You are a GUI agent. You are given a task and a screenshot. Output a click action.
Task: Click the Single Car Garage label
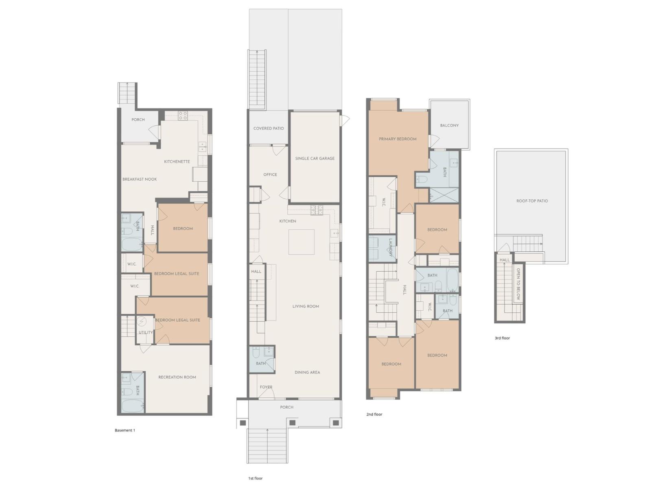click(315, 158)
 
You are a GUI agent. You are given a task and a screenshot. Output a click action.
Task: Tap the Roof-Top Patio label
click(532, 201)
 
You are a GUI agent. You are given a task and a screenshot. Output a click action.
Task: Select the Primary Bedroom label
click(398, 139)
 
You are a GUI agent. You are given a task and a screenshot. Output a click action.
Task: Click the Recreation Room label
click(177, 377)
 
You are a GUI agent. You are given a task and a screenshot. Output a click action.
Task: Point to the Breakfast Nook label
click(140, 179)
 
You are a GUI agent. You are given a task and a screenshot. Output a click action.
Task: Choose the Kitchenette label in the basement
click(177, 161)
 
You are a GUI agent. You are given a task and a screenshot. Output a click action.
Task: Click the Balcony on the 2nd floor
click(449, 125)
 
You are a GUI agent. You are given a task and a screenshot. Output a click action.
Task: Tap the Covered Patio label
click(269, 129)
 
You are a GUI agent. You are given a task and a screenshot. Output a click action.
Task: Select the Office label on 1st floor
click(270, 174)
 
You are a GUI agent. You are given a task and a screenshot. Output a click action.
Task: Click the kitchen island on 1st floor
click(301, 242)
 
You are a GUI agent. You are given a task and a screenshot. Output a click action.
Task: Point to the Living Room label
click(306, 306)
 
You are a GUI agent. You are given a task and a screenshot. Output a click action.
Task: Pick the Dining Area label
click(307, 372)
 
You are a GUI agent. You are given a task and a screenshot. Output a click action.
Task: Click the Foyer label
click(266, 387)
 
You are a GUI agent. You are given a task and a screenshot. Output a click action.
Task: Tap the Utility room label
click(146, 332)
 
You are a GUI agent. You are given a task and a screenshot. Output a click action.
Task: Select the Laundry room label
click(390, 247)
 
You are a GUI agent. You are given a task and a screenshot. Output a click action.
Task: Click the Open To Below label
click(518, 284)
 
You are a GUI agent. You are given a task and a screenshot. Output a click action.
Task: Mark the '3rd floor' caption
click(502, 338)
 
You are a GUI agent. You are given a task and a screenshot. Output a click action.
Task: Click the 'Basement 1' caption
click(125, 430)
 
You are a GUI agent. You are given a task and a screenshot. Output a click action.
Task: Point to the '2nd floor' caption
click(374, 414)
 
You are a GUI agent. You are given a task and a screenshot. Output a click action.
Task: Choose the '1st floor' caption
click(255, 478)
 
